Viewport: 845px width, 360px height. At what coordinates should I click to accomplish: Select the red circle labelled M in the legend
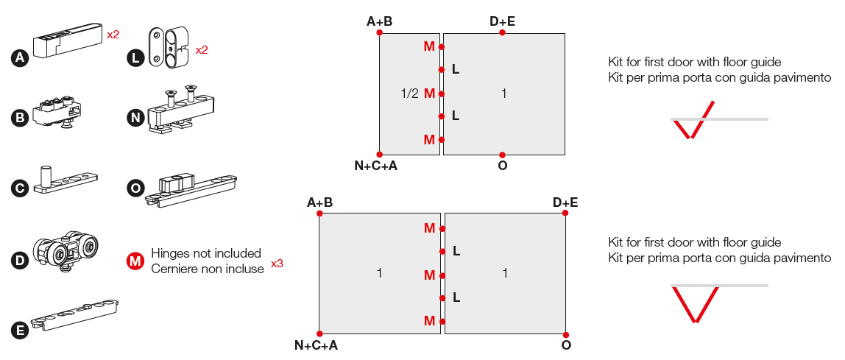click(135, 261)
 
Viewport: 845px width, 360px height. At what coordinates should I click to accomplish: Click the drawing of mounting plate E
click(74, 313)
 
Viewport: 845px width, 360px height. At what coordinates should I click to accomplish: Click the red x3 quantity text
click(277, 264)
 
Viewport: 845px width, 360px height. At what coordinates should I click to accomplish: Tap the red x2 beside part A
click(113, 34)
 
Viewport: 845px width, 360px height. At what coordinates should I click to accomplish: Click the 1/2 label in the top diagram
click(409, 93)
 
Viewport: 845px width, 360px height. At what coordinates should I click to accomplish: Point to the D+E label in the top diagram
click(502, 21)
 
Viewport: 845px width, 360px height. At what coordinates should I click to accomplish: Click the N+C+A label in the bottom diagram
click(316, 345)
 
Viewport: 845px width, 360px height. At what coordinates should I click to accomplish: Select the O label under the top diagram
click(502, 166)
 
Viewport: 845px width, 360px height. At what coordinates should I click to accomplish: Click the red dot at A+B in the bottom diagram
click(319, 213)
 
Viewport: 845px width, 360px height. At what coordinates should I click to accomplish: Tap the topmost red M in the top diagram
click(429, 47)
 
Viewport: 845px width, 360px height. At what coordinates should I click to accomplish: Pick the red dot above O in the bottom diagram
click(565, 333)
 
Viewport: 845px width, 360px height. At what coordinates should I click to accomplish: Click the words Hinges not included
click(206, 253)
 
